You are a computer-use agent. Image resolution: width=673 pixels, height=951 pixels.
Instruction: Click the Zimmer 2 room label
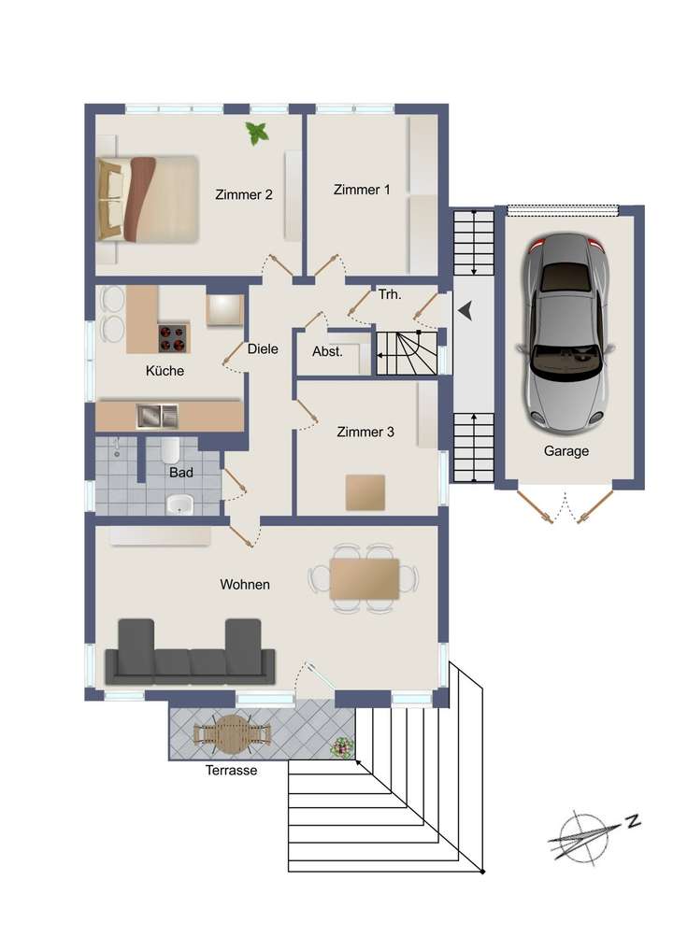[x=243, y=195]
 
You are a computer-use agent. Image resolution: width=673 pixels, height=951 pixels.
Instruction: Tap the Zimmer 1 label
[x=362, y=190]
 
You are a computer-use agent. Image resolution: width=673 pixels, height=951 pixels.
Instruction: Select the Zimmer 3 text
[x=365, y=433]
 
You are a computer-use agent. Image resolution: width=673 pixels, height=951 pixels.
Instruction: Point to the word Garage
[x=566, y=451]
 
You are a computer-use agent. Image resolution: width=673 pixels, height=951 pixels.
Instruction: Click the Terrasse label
[x=231, y=771]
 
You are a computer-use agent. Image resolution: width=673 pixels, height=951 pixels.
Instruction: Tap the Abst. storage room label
[x=327, y=353]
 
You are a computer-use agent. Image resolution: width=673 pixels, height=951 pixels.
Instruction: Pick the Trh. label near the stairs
[x=390, y=295]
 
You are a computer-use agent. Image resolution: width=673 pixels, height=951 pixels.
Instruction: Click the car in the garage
[x=565, y=334]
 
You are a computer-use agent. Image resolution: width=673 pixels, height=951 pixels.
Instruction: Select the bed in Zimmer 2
[x=149, y=199]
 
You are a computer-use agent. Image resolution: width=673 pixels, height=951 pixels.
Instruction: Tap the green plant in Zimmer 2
[x=256, y=135]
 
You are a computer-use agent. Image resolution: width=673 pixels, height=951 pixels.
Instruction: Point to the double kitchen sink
[x=156, y=415]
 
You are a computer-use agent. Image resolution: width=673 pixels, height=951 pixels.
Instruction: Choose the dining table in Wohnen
[x=364, y=578]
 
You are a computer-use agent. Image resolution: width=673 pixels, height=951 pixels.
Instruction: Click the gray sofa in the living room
[x=190, y=653]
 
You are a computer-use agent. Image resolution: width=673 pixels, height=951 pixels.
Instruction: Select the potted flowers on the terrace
[x=344, y=746]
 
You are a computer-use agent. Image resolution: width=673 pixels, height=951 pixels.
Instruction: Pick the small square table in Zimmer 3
[x=365, y=492]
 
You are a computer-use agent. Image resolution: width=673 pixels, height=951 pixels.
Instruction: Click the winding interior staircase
[x=407, y=352]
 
